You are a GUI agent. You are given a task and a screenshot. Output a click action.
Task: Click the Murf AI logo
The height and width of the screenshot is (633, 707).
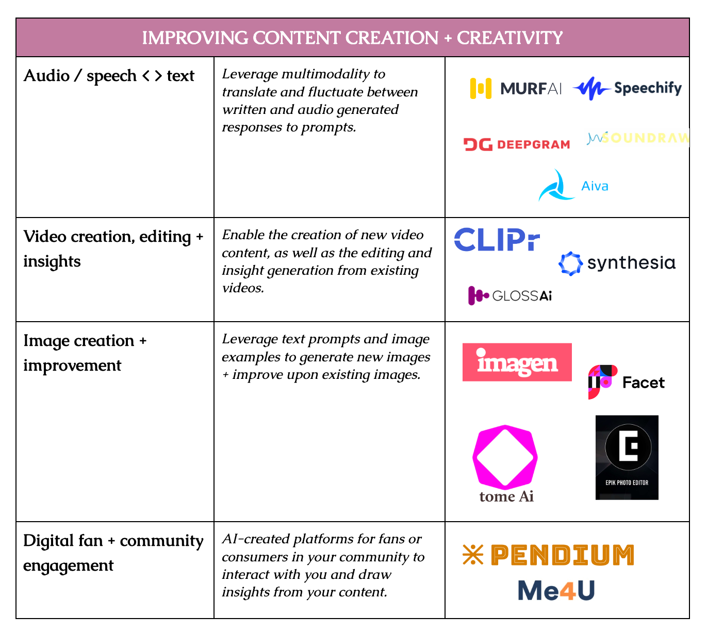click(515, 88)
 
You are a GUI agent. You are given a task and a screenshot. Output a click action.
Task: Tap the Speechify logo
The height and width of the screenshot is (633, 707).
click(627, 88)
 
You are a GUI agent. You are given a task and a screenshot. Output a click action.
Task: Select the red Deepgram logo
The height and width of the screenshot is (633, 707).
click(516, 144)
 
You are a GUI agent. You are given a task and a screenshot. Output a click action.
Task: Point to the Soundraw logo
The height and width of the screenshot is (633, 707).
click(638, 138)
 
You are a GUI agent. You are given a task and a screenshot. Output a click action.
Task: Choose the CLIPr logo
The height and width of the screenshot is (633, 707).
click(497, 240)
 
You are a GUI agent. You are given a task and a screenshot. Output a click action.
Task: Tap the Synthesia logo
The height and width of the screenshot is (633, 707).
click(617, 263)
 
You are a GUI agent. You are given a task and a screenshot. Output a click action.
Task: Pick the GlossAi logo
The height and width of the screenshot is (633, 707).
click(509, 295)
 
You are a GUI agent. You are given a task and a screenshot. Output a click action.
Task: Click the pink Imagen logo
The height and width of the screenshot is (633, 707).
click(517, 362)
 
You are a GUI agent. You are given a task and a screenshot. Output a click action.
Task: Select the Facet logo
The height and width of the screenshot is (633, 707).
click(626, 382)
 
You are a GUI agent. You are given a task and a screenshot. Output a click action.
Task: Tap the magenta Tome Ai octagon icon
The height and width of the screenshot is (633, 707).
click(505, 457)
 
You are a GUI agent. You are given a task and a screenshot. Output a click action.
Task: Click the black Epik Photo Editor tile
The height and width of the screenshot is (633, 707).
click(627, 457)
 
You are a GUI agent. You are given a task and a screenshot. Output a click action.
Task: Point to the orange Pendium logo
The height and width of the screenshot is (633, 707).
click(548, 555)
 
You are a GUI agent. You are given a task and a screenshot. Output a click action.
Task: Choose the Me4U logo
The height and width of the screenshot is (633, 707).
click(556, 591)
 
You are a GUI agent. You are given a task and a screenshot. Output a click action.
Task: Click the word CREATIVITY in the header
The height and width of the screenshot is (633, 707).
click(509, 38)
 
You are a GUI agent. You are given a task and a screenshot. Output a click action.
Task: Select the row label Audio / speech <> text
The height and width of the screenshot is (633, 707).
click(109, 76)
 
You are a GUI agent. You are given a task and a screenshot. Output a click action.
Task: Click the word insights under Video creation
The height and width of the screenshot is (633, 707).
click(52, 261)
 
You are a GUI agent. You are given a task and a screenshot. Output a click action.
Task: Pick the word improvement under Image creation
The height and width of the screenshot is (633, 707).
click(72, 365)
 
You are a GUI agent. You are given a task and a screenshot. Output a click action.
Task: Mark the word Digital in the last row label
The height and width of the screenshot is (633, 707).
click(44, 541)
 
